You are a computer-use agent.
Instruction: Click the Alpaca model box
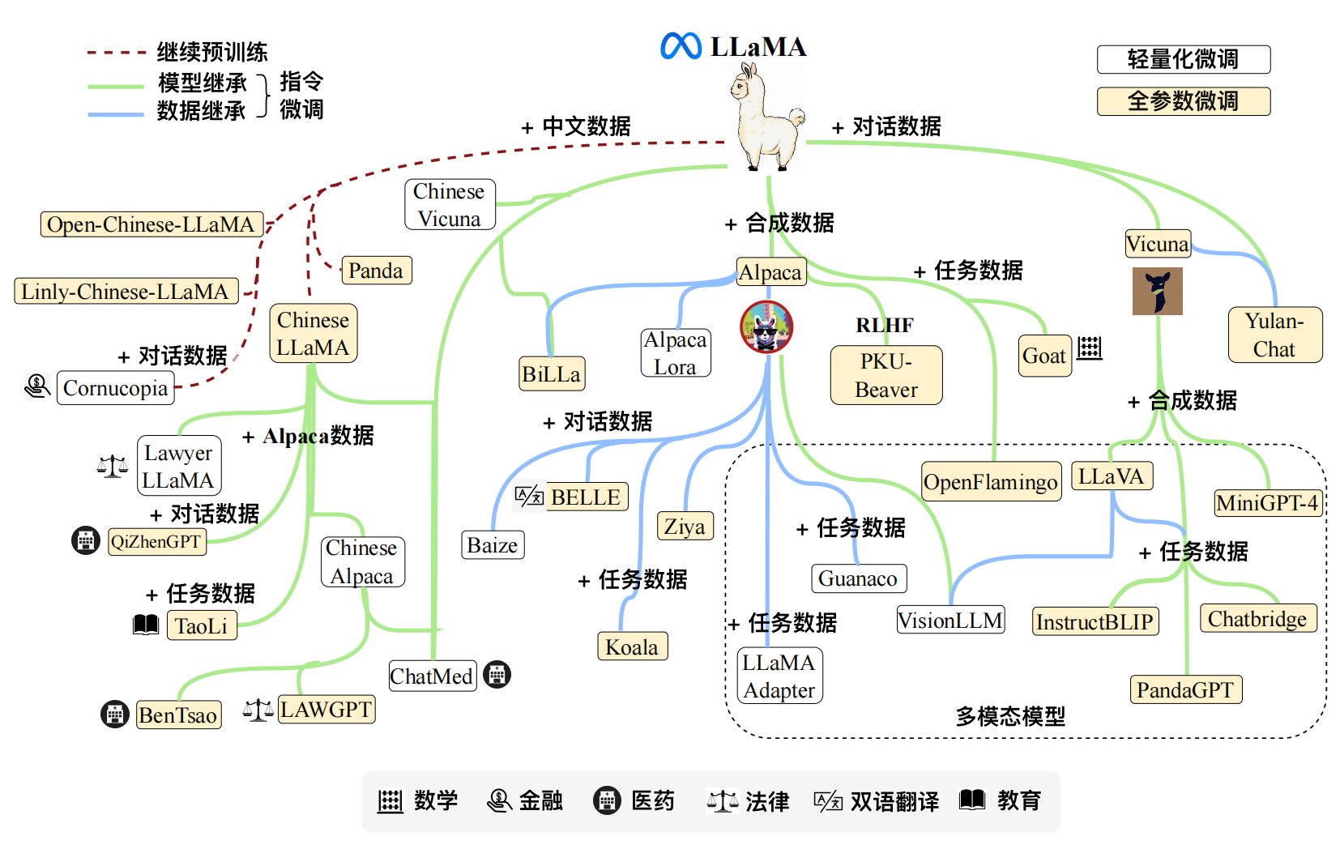pos(770,272)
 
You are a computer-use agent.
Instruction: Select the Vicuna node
pos(1158,244)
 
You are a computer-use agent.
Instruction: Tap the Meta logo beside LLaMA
pos(681,46)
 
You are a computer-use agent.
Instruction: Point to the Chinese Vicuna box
pos(449,205)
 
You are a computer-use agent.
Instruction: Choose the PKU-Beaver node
pos(886,375)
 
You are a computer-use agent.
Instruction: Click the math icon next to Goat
pos(1090,348)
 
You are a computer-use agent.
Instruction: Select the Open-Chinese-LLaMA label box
pos(151,224)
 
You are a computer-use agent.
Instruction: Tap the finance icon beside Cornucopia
pos(37,386)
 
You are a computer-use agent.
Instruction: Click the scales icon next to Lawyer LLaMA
pos(112,466)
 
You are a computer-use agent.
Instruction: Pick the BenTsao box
pos(178,715)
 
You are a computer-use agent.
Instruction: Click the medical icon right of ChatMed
pos(497,674)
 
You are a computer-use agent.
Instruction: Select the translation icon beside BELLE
pos(529,496)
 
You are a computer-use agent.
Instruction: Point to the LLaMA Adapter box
pos(779,676)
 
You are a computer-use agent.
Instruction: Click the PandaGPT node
pos(1185,689)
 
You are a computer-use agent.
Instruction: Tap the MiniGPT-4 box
pos(1267,503)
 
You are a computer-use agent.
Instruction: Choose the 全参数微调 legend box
pos(1183,101)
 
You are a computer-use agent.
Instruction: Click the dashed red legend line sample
pos(116,53)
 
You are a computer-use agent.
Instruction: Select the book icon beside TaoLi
pos(146,625)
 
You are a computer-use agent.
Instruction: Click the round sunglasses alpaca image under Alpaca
pos(766,326)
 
